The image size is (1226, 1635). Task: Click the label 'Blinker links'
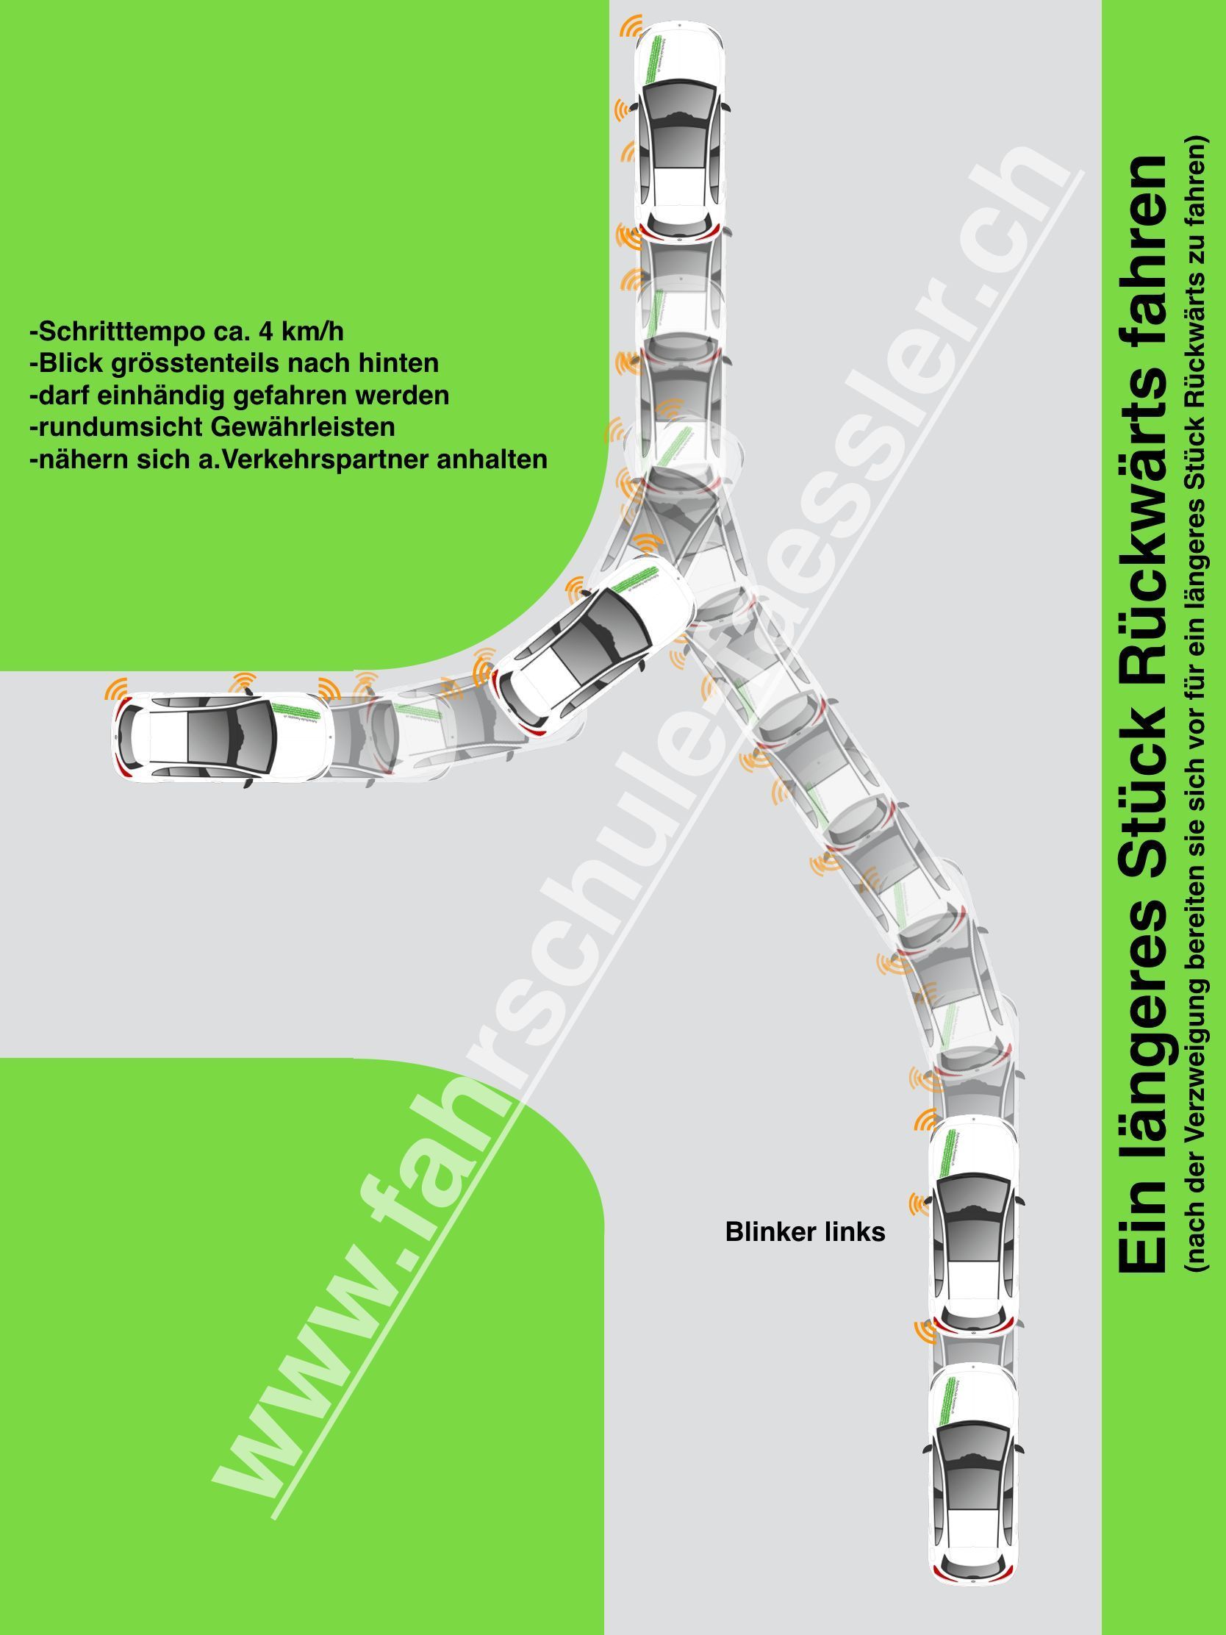pos(805,1232)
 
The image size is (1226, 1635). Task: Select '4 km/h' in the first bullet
pos(302,332)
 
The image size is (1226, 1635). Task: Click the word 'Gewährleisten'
pos(306,427)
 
